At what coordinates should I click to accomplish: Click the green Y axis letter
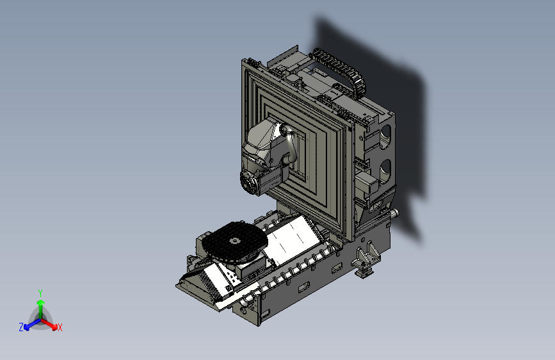pos(40,293)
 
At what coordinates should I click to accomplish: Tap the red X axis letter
pos(60,328)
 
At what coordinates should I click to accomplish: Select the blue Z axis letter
pos(21,327)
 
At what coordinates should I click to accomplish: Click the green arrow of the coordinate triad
pos(40,306)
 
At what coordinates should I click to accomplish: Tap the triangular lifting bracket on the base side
pos(367,256)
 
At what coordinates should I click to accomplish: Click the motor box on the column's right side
pos(369,184)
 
